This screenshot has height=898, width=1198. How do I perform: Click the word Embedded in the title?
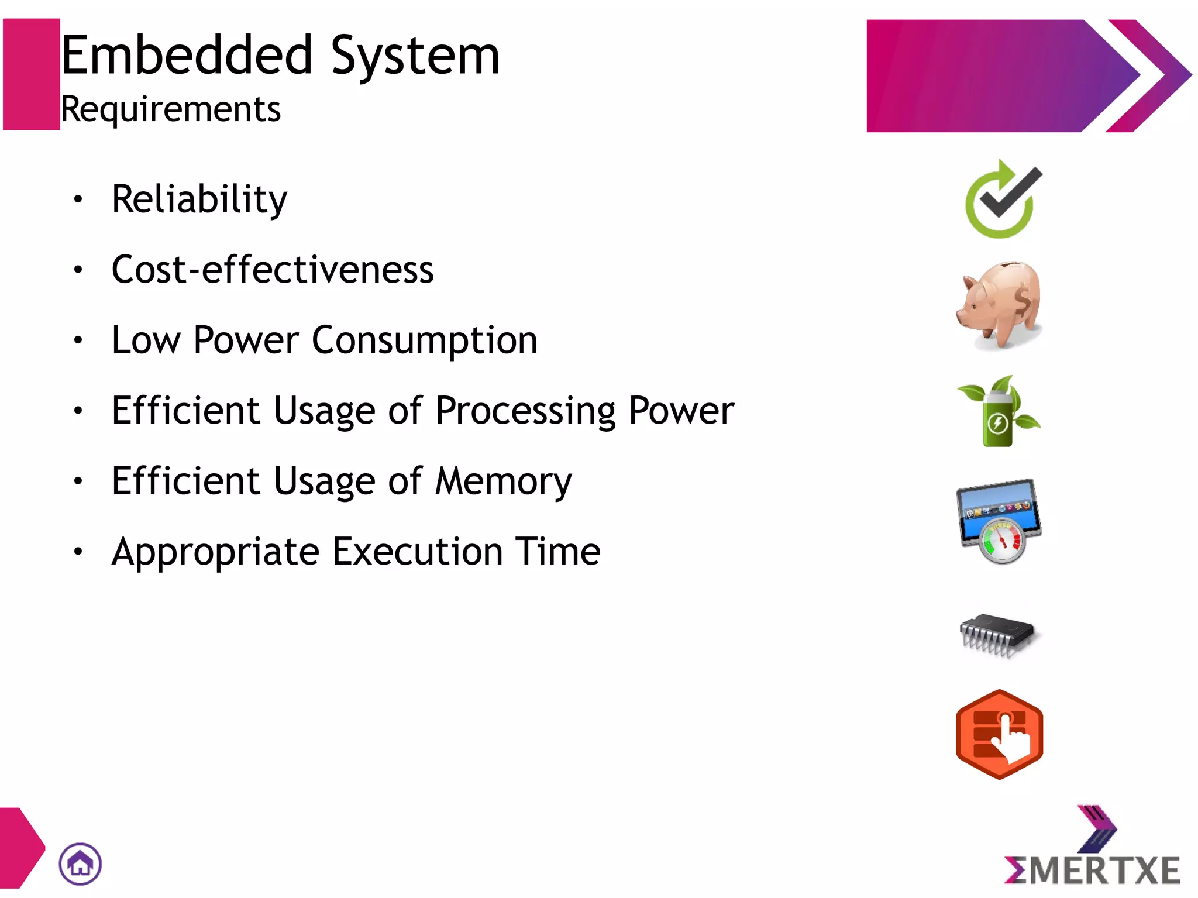point(186,56)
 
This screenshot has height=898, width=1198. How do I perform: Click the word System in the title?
point(415,56)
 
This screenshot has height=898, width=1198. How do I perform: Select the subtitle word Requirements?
point(170,109)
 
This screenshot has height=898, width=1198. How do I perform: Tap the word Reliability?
point(199,199)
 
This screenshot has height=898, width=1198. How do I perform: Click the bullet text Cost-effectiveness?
point(273,270)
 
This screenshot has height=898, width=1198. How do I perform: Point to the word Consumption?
point(424,340)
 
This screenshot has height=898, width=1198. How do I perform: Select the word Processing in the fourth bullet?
point(525,411)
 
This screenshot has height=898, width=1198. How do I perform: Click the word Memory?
point(504,481)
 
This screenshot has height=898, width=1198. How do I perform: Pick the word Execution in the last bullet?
point(417,552)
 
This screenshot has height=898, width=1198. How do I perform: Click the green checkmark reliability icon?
point(1003,199)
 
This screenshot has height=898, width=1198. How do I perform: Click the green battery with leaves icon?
point(999,411)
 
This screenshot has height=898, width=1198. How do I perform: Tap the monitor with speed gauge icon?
point(999,519)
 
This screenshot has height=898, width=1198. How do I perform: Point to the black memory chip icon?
point(997,635)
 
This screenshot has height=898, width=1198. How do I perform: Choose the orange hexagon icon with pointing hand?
point(999,734)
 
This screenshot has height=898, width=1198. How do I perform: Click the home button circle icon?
point(80,863)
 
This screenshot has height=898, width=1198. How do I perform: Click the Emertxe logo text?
point(1092,870)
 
